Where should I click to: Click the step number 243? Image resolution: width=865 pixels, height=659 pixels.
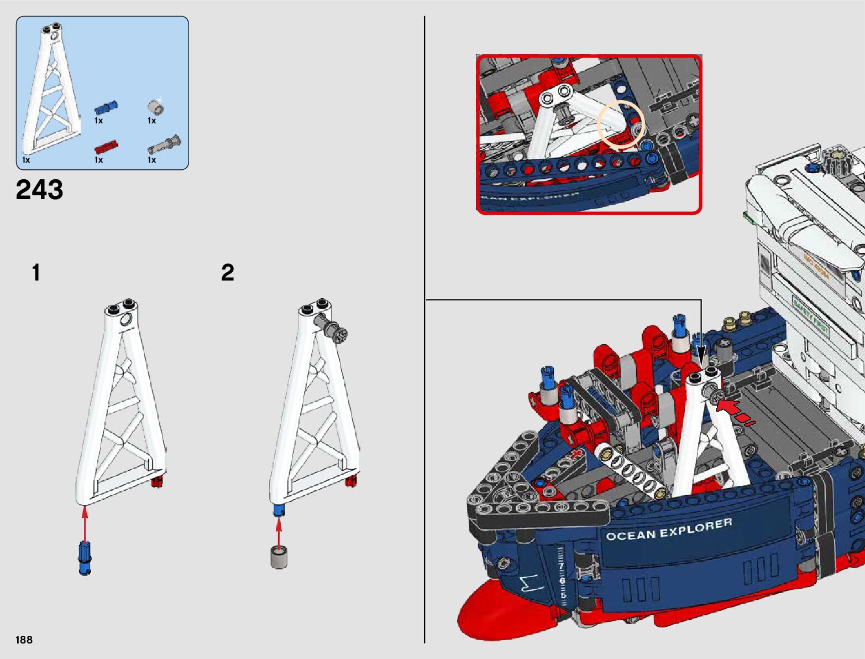[x=40, y=190]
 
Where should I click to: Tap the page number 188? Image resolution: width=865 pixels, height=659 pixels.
[x=24, y=640]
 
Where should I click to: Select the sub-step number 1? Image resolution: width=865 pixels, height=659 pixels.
[x=36, y=273]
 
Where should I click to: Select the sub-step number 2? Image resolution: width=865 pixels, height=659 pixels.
[x=228, y=273]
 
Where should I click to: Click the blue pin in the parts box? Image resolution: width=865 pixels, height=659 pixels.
[x=106, y=106]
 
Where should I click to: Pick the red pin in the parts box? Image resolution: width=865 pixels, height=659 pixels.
[x=106, y=147]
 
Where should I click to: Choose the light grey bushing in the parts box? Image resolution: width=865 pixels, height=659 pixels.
[x=155, y=106]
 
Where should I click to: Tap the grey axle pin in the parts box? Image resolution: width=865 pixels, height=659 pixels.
[x=164, y=145]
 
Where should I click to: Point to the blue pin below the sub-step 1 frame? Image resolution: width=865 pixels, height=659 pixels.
[x=84, y=559]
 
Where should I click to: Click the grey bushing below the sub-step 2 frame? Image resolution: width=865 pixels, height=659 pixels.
[x=279, y=557]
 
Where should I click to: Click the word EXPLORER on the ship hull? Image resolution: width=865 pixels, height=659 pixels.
[x=696, y=527]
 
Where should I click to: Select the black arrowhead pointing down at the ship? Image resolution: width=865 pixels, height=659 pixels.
[x=700, y=355]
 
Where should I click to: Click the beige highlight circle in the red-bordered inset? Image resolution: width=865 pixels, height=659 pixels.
[x=621, y=124]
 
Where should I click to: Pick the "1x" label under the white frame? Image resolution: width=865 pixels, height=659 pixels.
[x=26, y=160]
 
